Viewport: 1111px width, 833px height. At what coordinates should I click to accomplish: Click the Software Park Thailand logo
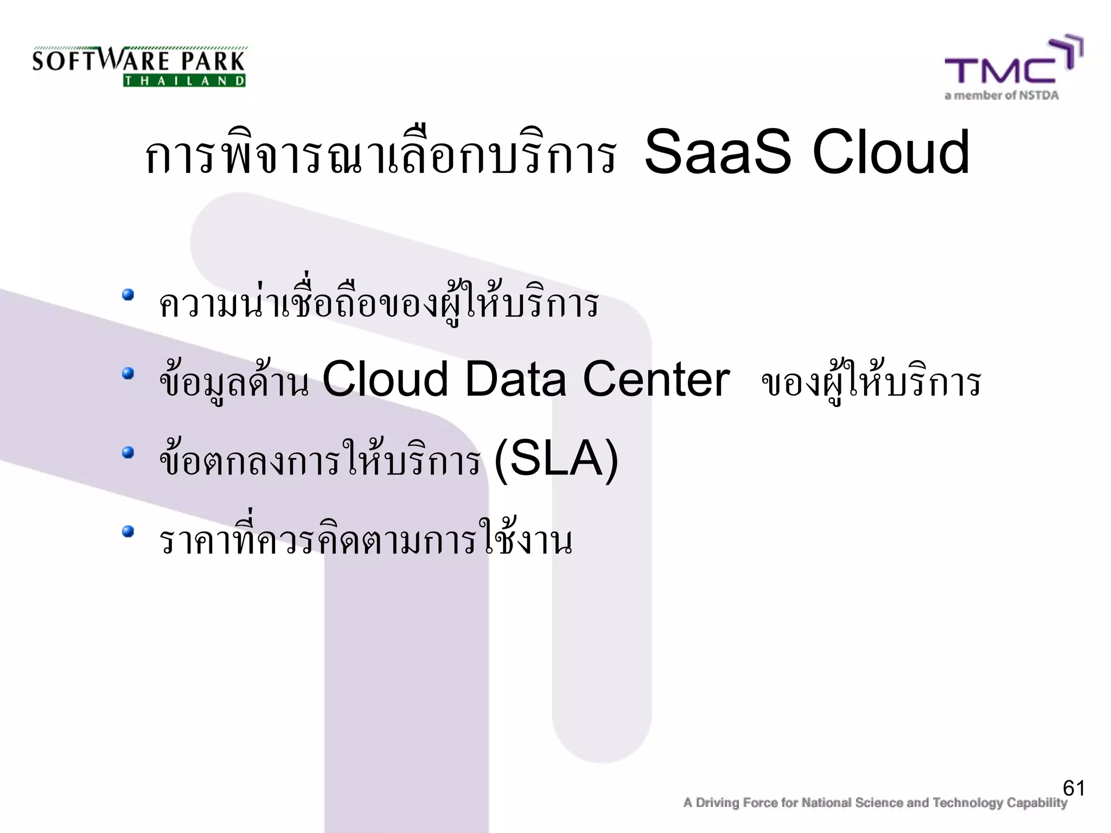pos(139,67)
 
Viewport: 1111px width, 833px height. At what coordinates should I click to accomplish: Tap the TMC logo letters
pos(1001,70)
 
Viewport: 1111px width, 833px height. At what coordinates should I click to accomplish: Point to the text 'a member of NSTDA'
pos(1001,96)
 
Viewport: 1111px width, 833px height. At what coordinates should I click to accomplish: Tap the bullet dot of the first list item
pos(128,295)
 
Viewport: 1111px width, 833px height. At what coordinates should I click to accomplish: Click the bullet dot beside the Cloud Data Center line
pos(128,374)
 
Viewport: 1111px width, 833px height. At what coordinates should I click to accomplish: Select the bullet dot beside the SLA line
pos(128,452)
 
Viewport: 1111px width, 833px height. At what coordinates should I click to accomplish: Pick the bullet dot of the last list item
pos(128,531)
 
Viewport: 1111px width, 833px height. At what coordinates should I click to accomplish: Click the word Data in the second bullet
pos(515,379)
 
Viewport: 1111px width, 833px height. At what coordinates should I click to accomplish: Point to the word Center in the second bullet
pos(656,379)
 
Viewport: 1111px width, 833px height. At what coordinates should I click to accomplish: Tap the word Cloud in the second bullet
pos(385,379)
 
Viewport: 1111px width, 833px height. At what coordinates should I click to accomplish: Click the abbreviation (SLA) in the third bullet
pos(557,459)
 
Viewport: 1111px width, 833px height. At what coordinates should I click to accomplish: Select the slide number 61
pos(1074,788)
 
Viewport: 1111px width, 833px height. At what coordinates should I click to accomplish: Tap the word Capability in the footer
pos(1037,803)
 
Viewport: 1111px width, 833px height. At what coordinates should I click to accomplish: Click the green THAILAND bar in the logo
pos(184,81)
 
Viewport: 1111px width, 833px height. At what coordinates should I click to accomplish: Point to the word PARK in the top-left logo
pos(213,61)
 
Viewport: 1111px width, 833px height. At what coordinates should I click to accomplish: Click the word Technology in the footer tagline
pos(968,803)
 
